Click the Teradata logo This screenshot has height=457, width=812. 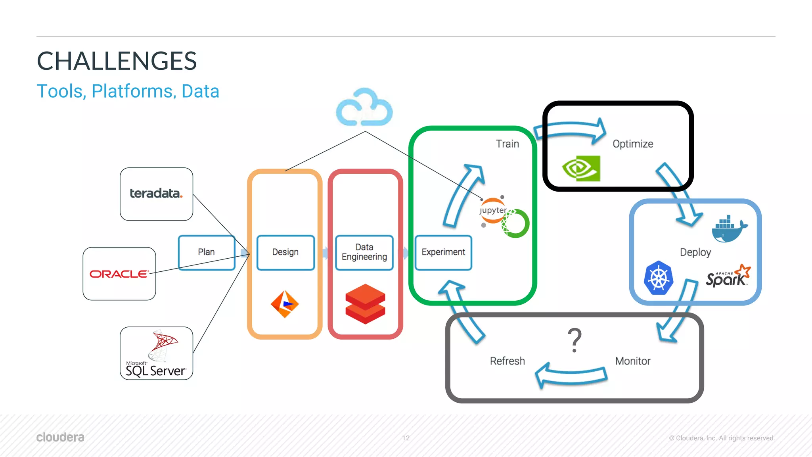coord(156,193)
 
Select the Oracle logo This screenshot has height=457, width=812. coord(119,274)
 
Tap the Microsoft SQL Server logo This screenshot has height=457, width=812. coord(156,353)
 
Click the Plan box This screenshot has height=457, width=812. coord(206,252)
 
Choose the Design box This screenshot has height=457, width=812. coord(285,252)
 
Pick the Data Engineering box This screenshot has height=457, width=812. coord(364,252)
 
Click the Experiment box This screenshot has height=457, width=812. coord(443,252)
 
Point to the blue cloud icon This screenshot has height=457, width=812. coord(364,108)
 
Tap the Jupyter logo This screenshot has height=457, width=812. coord(493,211)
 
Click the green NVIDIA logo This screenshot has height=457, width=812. coord(581,168)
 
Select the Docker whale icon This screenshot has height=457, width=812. coord(729,229)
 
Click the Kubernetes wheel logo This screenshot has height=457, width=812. coord(659,278)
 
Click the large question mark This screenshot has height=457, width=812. coord(575,340)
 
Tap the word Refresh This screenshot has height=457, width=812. coord(507,361)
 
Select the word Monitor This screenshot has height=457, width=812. coord(632,361)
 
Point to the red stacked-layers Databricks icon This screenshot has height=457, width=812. coord(365,304)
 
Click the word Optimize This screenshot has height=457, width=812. coord(633,144)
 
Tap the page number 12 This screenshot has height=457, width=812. coord(406,438)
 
